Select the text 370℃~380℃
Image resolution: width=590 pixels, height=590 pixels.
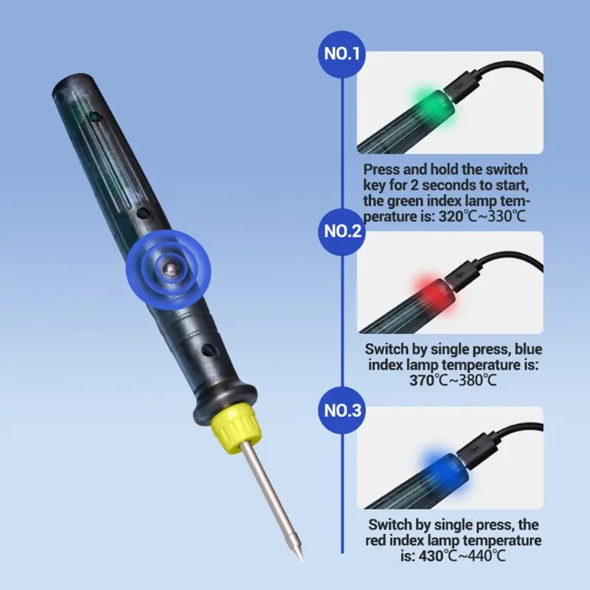click(454, 381)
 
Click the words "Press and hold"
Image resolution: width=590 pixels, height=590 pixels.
click(405, 170)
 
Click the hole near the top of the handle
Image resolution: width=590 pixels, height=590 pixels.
click(94, 117)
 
